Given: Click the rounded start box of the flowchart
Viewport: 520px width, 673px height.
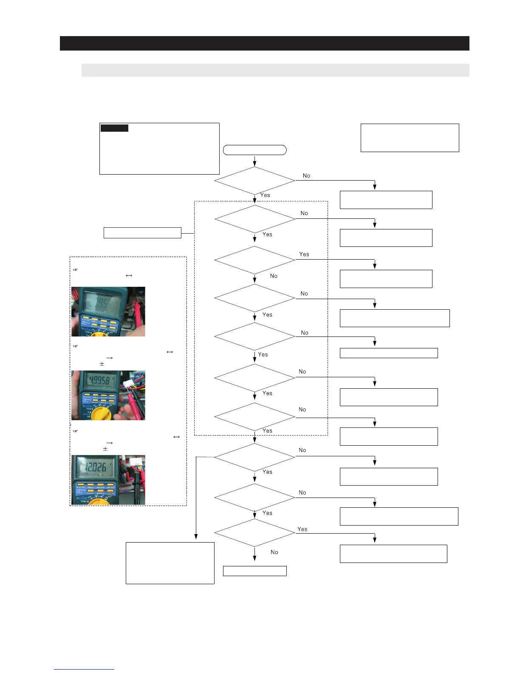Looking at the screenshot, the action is tap(255, 150).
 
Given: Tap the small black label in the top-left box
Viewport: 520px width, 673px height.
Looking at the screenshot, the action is tap(114, 128).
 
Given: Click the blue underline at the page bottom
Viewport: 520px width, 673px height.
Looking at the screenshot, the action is tap(84, 669).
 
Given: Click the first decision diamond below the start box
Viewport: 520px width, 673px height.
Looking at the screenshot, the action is tap(254, 181).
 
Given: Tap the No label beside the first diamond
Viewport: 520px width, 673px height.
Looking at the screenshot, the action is tap(306, 175).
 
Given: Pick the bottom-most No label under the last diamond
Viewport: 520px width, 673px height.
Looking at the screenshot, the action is tap(274, 552).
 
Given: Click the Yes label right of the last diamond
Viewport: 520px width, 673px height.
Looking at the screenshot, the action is tap(302, 529).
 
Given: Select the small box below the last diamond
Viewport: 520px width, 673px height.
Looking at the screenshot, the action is tap(255, 571).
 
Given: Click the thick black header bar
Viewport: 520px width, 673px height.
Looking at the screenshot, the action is tap(264, 43).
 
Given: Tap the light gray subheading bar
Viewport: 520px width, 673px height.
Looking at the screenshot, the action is tap(275, 70).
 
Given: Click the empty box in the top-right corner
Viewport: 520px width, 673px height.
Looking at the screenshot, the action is tap(410, 138).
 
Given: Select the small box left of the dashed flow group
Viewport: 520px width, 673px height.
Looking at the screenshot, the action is tap(142, 232).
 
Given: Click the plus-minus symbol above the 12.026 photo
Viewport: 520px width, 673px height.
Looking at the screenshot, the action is tap(105, 449).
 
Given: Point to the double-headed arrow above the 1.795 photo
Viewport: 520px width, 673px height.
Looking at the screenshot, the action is tap(129, 275).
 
